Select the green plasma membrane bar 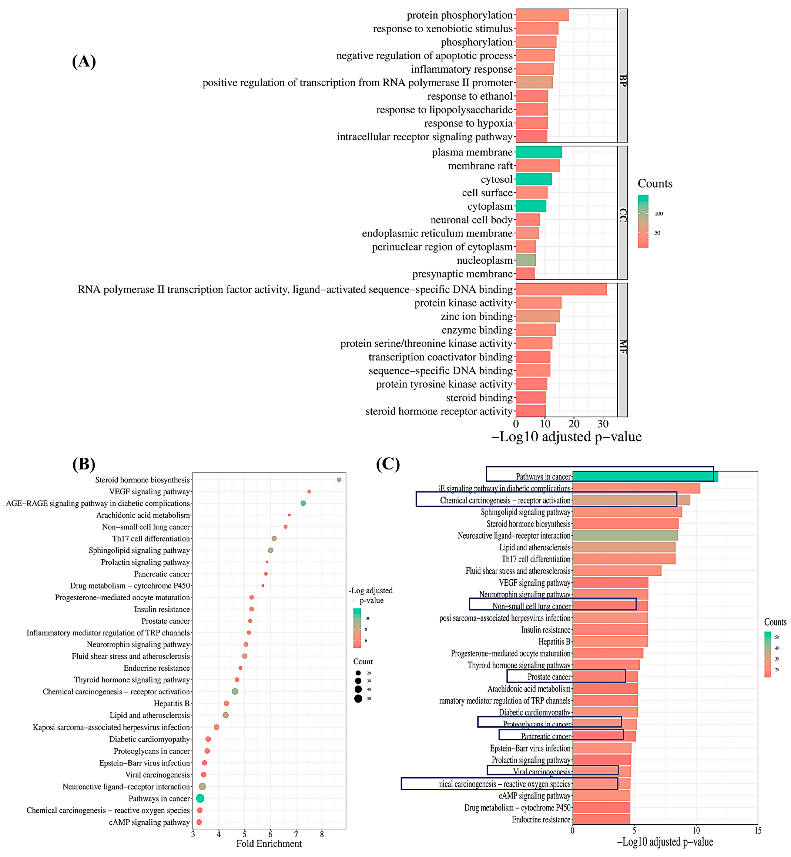538,152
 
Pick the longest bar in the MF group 561,290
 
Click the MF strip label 623,347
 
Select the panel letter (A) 84,62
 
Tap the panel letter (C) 388,464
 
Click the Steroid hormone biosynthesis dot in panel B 339,480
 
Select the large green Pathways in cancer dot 200,798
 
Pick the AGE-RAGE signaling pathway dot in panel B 303,503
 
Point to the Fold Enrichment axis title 269,844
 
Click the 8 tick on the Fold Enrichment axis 322,834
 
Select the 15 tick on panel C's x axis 758,831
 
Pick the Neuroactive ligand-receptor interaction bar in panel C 625,536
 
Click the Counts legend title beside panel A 655,184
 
